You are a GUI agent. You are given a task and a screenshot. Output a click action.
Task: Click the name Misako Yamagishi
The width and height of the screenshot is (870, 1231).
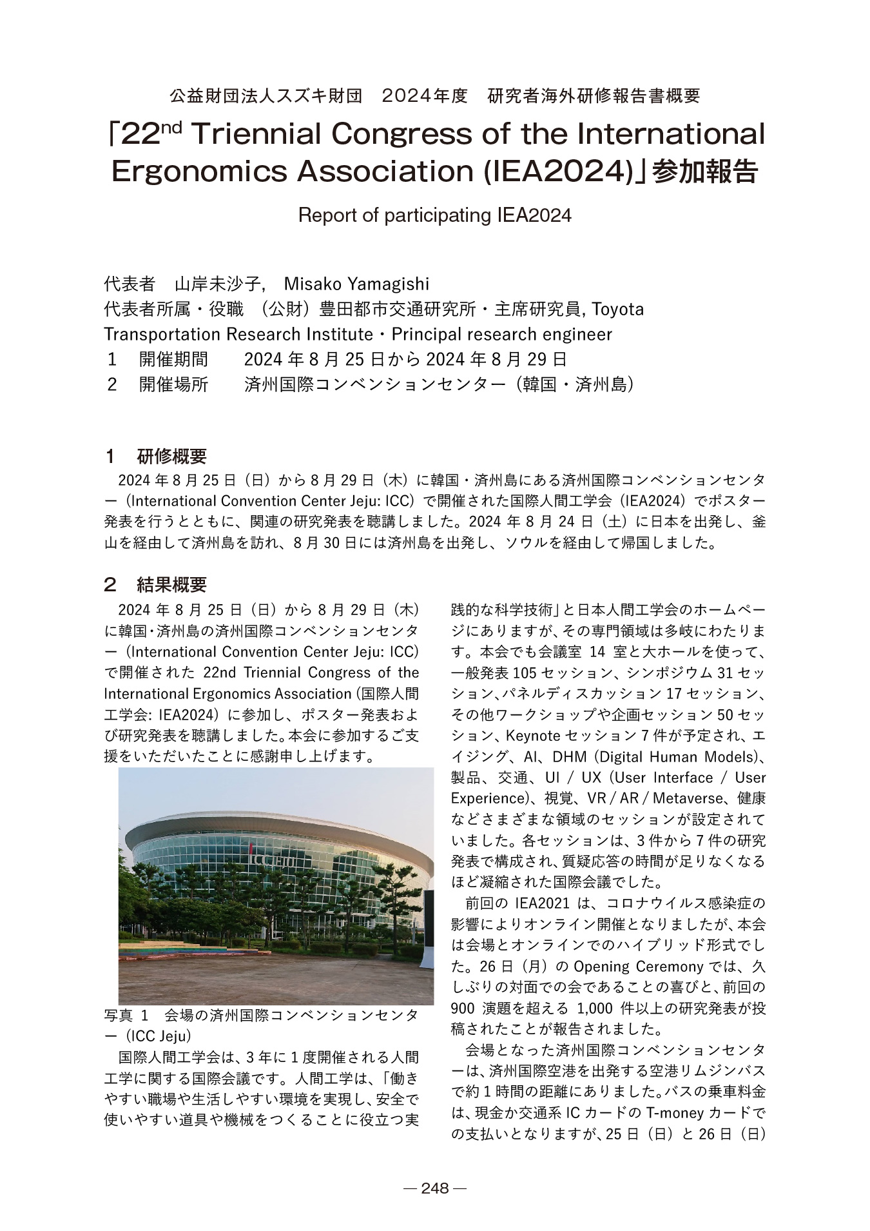(356, 284)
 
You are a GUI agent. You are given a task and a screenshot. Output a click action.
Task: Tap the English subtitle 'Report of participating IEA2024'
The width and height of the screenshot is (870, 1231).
(434, 215)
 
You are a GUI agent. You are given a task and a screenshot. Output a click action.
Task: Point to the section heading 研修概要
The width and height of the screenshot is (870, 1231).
(172, 457)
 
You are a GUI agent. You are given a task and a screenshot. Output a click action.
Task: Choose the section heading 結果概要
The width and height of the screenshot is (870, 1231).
(172, 585)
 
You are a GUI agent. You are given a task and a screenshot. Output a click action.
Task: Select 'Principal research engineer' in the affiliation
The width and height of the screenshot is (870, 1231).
(502, 335)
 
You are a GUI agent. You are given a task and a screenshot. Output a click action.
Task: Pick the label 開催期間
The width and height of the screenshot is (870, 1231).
(174, 359)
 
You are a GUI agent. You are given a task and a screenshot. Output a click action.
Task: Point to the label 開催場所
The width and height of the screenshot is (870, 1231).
(174, 385)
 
